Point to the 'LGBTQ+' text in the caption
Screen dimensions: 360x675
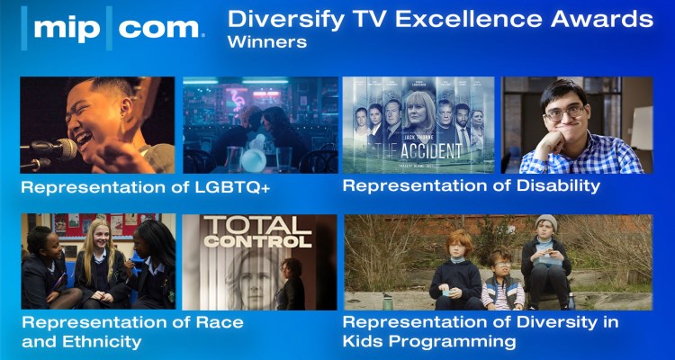(x=226, y=188)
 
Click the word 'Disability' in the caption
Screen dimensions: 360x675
(x=553, y=186)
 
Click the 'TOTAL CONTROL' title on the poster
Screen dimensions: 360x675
(x=257, y=232)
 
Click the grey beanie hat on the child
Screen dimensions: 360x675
(x=545, y=222)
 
